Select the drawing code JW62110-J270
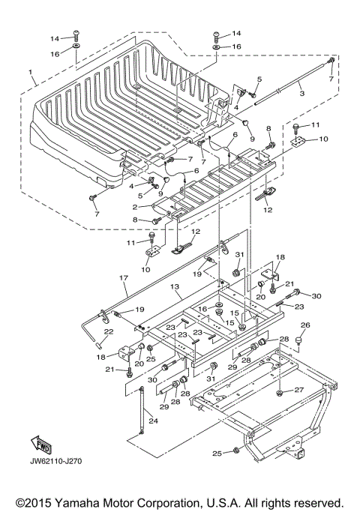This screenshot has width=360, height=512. [x=55, y=461]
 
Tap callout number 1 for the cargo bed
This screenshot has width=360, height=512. [x=30, y=71]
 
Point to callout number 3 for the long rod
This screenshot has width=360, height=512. [x=301, y=93]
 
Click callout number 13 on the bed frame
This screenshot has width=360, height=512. [x=175, y=286]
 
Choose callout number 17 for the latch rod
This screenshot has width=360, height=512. [x=124, y=278]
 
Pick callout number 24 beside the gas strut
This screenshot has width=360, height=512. [x=153, y=421]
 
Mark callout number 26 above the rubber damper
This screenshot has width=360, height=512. [x=305, y=325]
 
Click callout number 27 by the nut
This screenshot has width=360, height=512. [x=299, y=390]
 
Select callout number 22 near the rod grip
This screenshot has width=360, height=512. [x=109, y=331]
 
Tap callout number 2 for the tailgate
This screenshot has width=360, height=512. [x=134, y=207]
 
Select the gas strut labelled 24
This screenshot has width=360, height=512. [x=142, y=410]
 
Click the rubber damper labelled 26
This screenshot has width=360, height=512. [x=298, y=340]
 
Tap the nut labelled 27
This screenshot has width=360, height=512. [x=279, y=393]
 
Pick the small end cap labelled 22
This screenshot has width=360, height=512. [x=97, y=345]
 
